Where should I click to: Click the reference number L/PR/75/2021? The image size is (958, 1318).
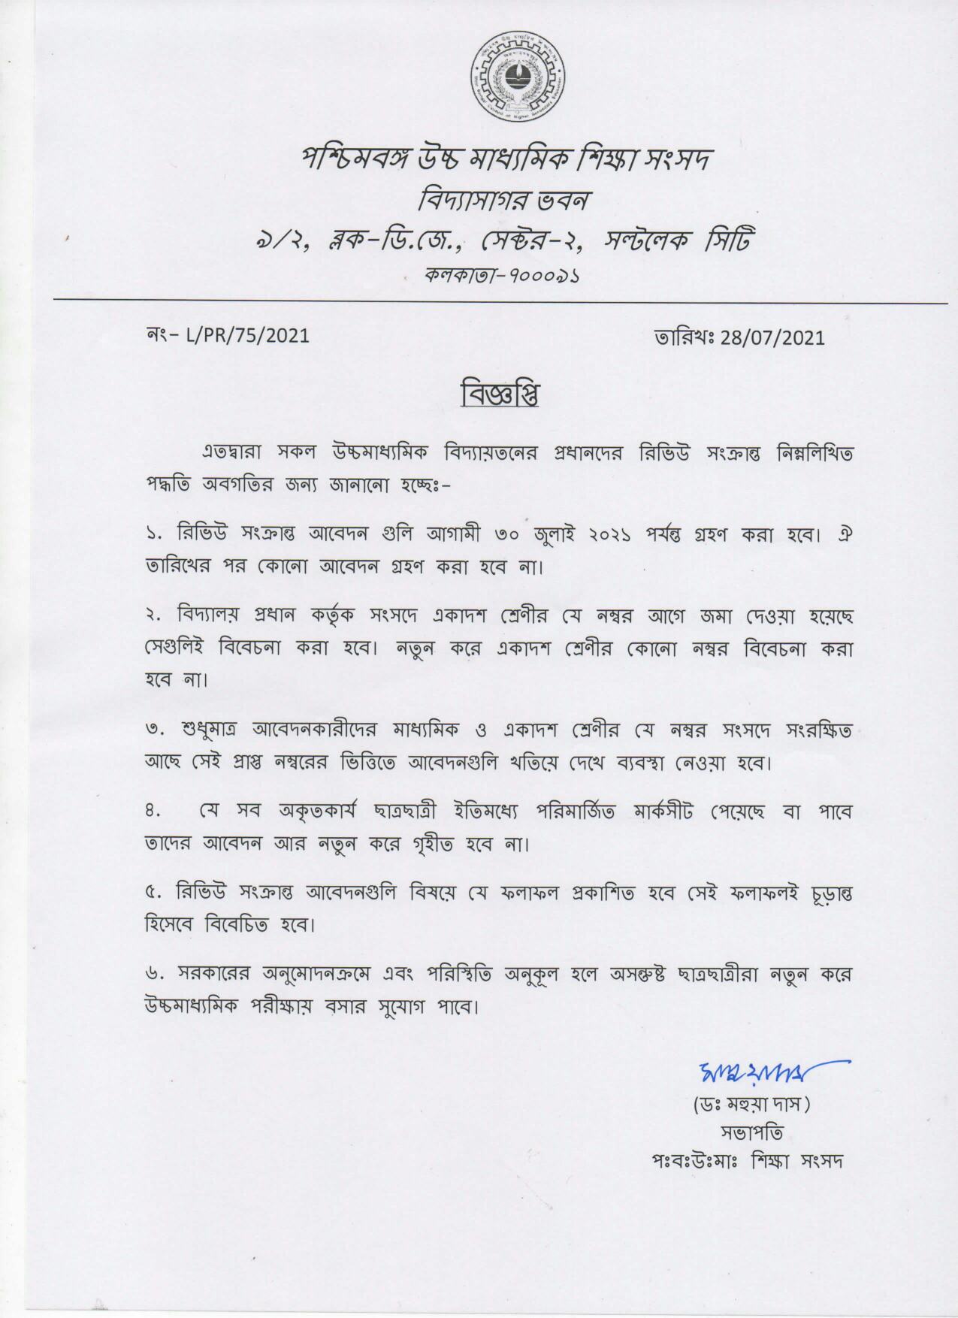click(247, 336)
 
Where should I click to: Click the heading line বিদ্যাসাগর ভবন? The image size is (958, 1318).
click(505, 201)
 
